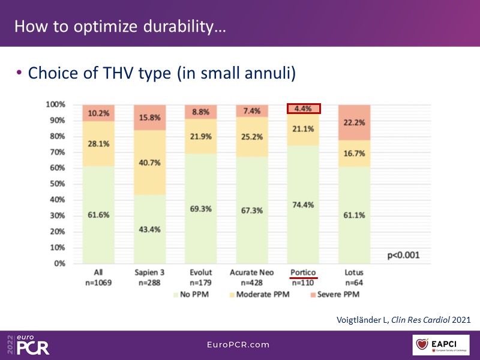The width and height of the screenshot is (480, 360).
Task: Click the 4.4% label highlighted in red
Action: click(x=304, y=109)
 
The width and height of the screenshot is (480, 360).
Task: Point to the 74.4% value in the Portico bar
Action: click(x=304, y=205)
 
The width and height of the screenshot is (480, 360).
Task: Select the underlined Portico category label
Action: click(x=304, y=272)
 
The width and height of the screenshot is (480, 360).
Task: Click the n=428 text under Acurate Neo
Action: click(x=252, y=282)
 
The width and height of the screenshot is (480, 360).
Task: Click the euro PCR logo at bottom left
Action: click(x=29, y=345)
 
